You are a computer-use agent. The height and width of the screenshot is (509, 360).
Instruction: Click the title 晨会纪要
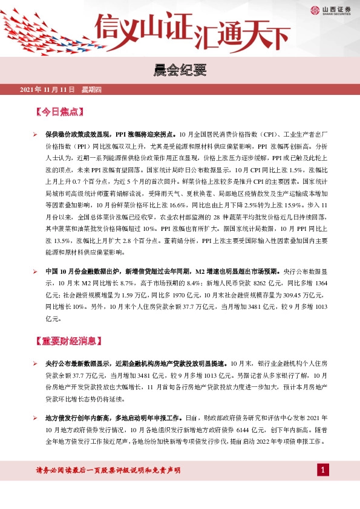pos(180,70)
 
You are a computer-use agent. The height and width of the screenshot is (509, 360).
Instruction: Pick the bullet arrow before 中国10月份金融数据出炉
pos(36,271)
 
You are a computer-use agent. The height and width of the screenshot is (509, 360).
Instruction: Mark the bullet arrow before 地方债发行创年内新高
pos(36,418)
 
